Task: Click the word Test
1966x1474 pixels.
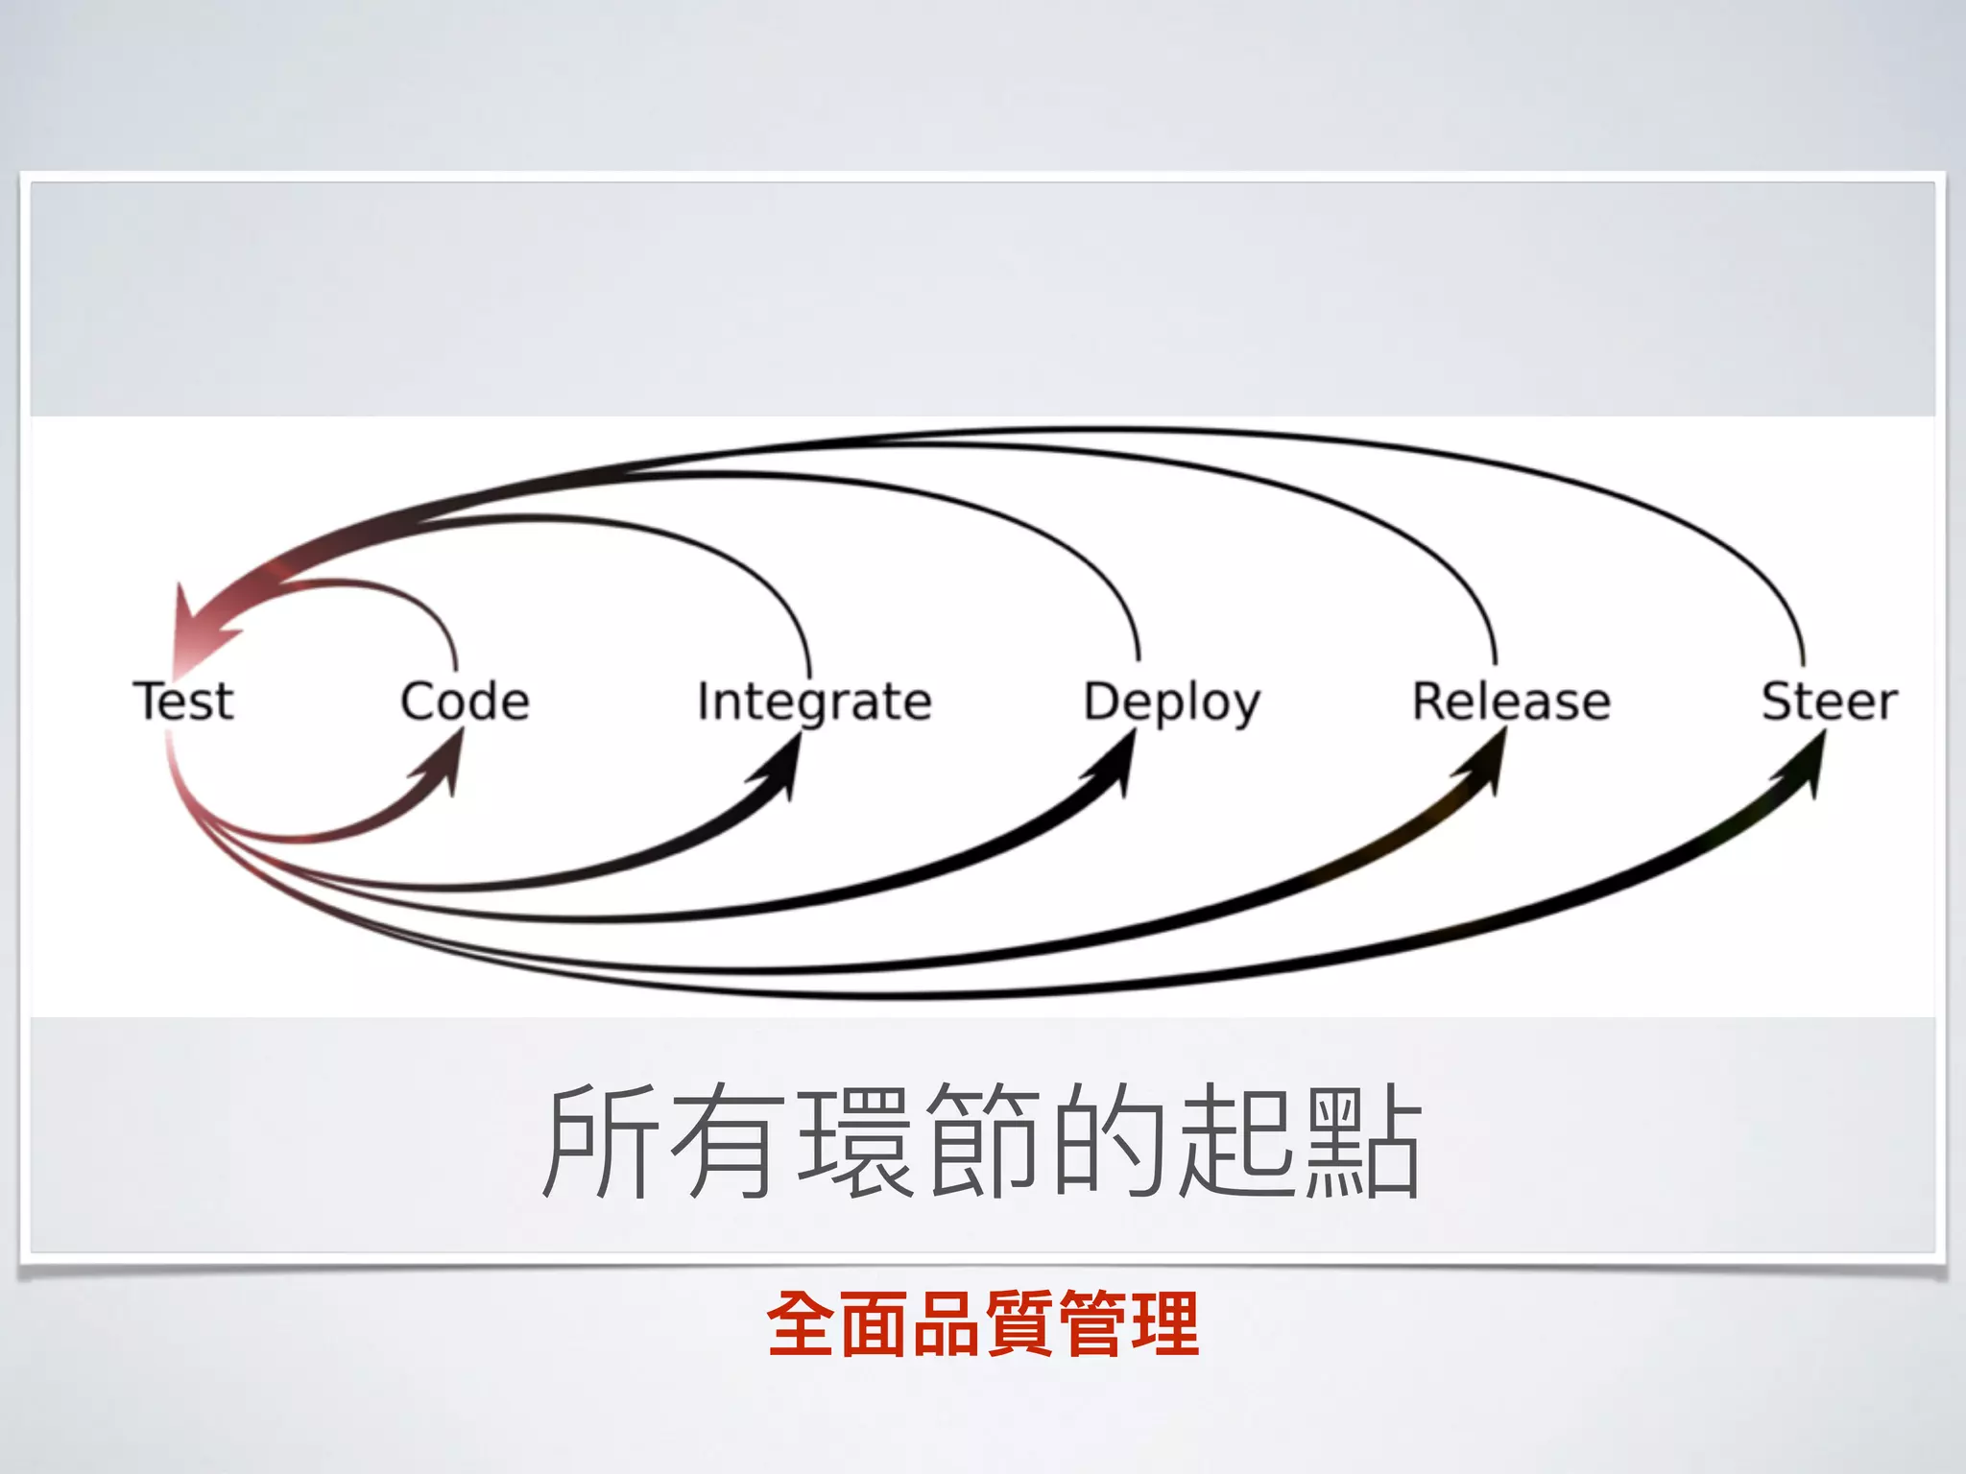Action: click(x=182, y=701)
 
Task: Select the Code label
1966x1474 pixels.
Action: click(x=465, y=701)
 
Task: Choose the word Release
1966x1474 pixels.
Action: click(x=1511, y=701)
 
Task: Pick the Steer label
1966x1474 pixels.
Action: click(x=1830, y=701)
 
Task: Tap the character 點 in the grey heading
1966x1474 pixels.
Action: click(x=1363, y=1141)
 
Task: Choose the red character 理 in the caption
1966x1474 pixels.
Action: click(x=1164, y=1324)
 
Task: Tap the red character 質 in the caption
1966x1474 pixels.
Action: click(x=1019, y=1324)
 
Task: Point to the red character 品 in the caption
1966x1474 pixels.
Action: click(x=947, y=1324)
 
